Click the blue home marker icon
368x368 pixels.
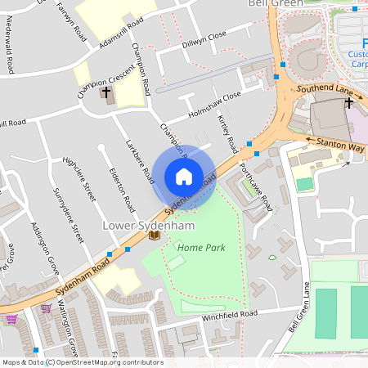click(x=184, y=177)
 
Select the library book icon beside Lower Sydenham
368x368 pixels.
click(x=154, y=236)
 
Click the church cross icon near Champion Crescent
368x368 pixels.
click(x=105, y=92)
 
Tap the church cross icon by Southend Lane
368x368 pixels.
click(x=349, y=103)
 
